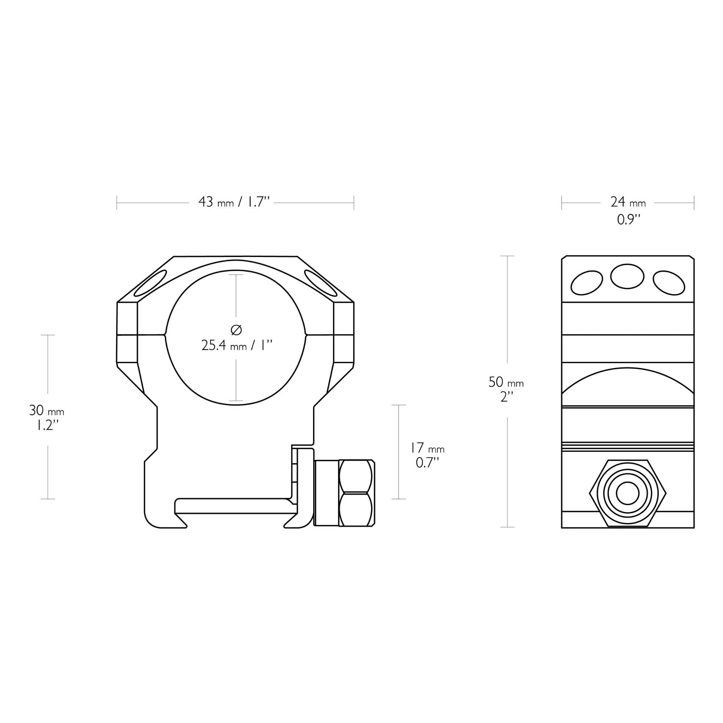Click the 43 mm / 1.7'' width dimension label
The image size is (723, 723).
click(234, 202)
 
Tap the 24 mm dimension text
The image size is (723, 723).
click(628, 202)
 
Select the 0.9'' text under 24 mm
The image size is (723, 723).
click(628, 220)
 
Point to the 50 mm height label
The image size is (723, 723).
click(506, 382)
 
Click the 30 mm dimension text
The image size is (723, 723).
click(47, 411)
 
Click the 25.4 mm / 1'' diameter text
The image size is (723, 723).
click(236, 345)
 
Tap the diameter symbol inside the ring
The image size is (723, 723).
click(236, 330)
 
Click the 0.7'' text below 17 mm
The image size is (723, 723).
click(427, 463)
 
